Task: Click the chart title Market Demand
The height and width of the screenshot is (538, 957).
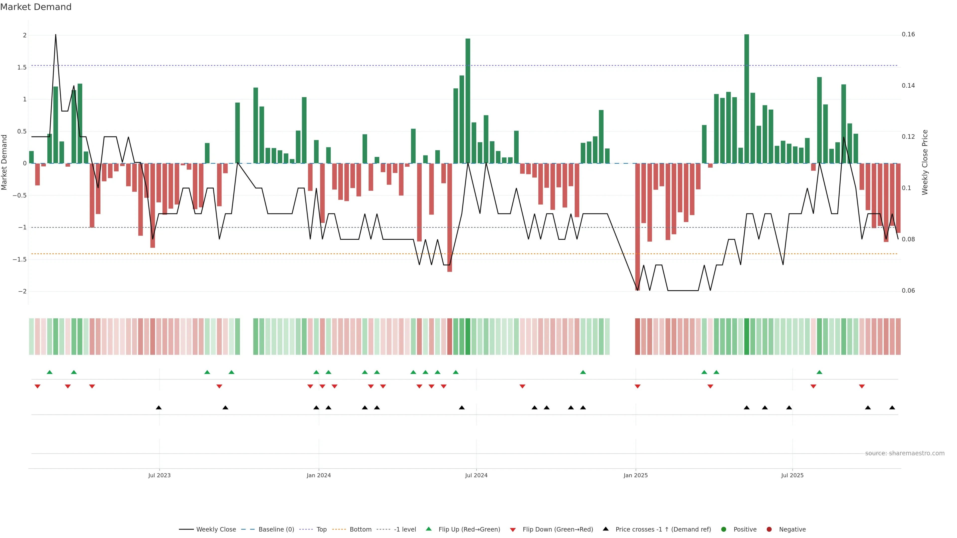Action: (x=36, y=7)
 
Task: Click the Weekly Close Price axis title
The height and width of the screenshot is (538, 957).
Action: (x=925, y=162)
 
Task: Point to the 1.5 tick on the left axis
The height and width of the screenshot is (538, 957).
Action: (x=21, y=67)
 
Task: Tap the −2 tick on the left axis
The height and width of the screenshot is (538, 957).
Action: (x=22, y=291)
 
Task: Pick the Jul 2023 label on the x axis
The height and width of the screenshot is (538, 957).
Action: (x=159, y=475)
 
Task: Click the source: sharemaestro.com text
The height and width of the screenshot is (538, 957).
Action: (x=905, y=453)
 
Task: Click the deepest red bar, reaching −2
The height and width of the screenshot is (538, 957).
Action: (x=638, y=226)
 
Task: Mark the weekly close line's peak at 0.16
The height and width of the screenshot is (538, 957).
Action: (x=56, y=35)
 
